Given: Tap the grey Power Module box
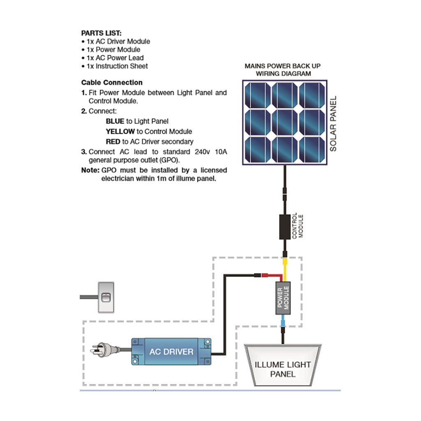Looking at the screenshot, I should (283, 298).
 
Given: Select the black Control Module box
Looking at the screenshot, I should (284, 227).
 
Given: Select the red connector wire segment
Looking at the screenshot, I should (269, 275).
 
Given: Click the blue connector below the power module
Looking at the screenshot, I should (283, 322).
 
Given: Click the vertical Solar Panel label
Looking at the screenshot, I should (333, 123).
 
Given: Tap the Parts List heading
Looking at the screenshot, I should (101, 33).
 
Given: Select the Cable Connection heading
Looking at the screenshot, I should (112, 82).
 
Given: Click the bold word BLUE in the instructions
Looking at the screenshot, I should (115, 121).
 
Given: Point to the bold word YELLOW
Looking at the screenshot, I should (120, 132).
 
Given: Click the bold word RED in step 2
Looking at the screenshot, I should (113, 142).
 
